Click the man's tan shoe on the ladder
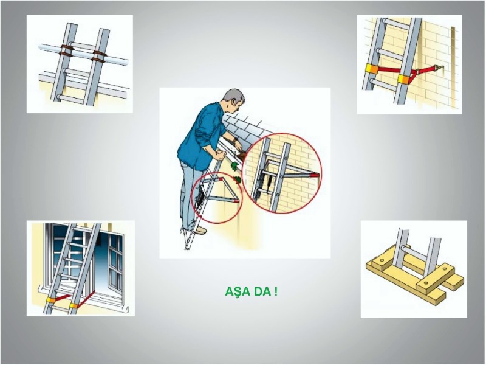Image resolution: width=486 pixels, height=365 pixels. (x=200, y=230)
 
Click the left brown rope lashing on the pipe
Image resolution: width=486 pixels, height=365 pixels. (x=66, y=50)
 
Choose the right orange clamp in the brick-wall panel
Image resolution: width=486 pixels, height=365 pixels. (x=404, y=80)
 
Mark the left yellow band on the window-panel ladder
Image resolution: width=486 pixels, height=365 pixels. (x=50, y=300)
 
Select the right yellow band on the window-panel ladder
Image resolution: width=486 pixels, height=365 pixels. (x=74, y=306)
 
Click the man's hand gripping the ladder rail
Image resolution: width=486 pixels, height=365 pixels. (x=219, y=155)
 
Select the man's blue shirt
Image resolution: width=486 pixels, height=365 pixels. (x=202, y=136)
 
